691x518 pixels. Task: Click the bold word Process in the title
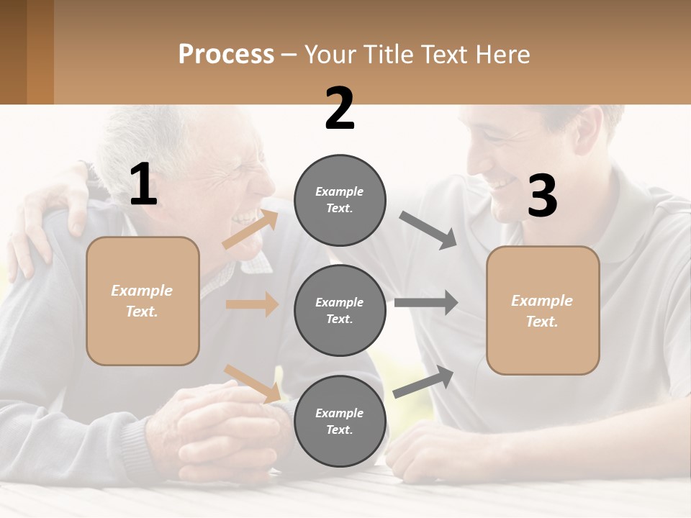point(226,54)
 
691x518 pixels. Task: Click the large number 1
point(143,186)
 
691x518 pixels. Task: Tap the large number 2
point(340,109)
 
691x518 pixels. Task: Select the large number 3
point(542,196)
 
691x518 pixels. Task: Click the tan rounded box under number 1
point(143,301)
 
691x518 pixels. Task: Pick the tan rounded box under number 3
point(543,310)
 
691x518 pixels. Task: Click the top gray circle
point(340,200)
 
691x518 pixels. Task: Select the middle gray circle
point(340,310)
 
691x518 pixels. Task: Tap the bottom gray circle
point(340,421)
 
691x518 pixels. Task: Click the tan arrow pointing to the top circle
point(249,230)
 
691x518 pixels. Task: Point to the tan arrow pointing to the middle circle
point(252,304)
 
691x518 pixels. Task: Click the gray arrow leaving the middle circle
point(425,302)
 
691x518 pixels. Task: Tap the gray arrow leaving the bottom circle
point(424,381)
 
